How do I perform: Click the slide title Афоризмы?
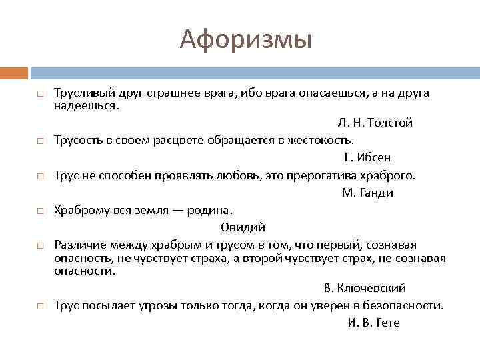[x=245, y=40]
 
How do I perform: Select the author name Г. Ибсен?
[x=367, y=157]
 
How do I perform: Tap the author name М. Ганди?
[x=367, y=193]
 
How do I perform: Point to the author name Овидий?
[x=243, y=227]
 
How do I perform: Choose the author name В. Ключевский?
[x=365, y=288]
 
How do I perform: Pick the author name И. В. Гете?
[x=373, y=323]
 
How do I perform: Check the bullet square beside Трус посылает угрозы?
[x=41, y=307]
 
